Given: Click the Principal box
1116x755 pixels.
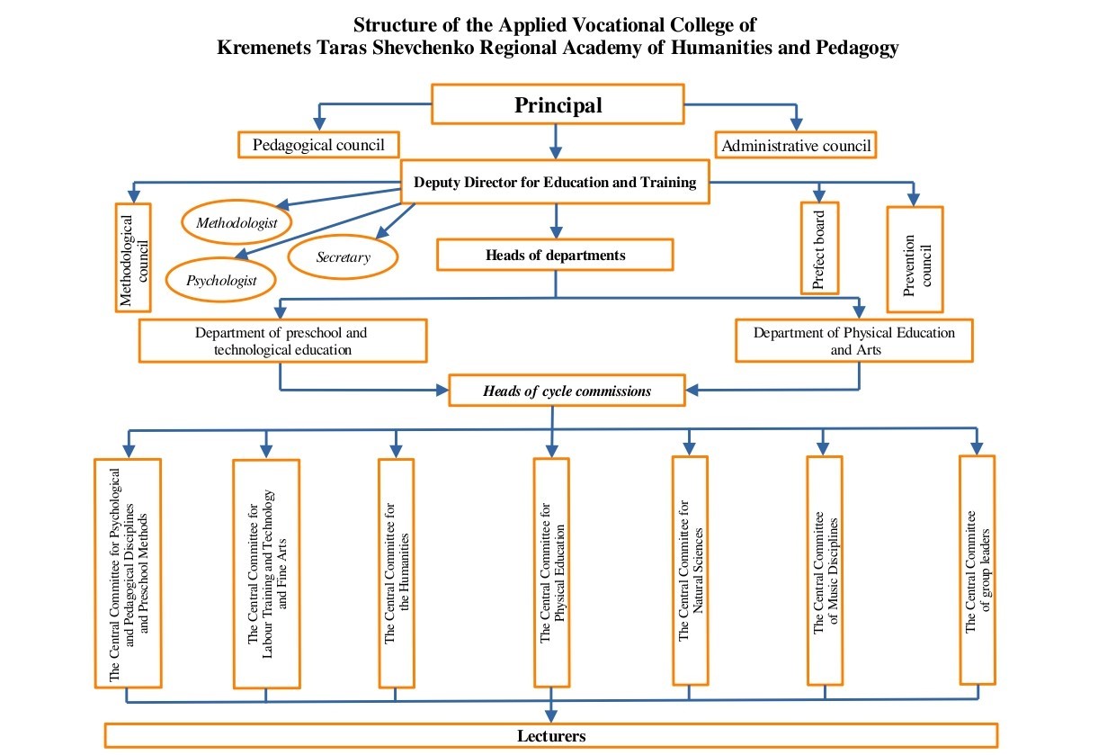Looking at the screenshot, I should pyautogui.click(x=558, y=104).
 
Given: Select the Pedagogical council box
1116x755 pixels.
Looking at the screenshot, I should pyautogui.click(x=318, y=145).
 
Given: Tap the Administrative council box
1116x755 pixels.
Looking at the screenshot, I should pyautogui.click(x=796, y=145).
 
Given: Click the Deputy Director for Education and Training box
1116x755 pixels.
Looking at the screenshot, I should pyautogui.click(x=555, y=183).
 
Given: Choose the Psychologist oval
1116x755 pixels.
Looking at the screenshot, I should pyautogui.click(x=221, y=280).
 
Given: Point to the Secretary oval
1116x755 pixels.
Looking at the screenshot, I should pyautogui.click(x=343, y=257).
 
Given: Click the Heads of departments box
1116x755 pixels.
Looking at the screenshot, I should pyautogui.click(x=555, y=255).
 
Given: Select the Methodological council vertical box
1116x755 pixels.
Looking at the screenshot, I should pyautogui.click(x=133, y=257).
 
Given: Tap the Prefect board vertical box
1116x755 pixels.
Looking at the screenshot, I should pyautogui.click(x=819, y=247).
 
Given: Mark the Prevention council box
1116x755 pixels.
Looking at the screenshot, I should pyautogui.click(x=915, y=260).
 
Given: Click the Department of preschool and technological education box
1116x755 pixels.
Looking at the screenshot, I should pyautogui.click(x=282, y=341).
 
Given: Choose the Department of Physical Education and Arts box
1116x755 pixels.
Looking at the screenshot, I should pyautogui.click(x=853, y=340).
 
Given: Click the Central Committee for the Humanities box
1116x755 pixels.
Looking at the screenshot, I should pyautogui.click(x=397, y=573).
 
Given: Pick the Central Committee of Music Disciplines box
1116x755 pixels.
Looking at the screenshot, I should pyautogui.click(x=825, y=571).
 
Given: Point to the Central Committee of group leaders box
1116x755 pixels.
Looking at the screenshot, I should pyautogui.click(x=978, y=571).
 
